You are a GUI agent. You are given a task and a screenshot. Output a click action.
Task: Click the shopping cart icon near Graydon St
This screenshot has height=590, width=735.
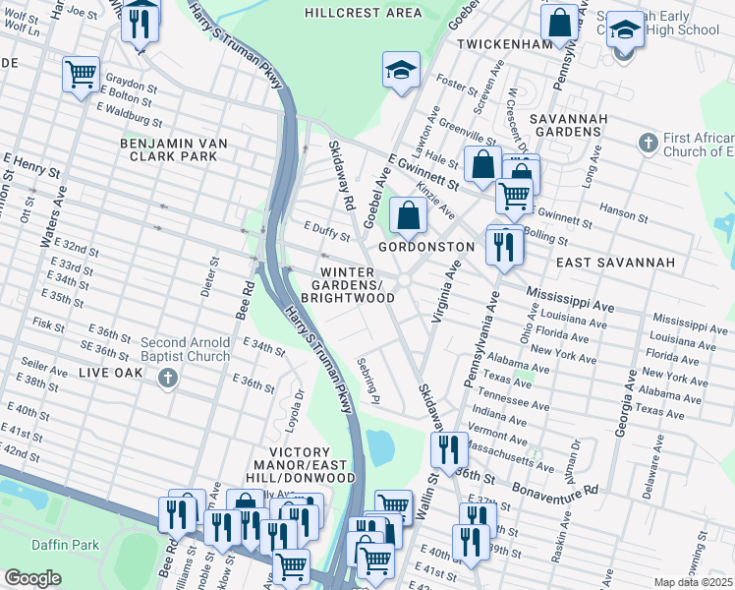[81, 74]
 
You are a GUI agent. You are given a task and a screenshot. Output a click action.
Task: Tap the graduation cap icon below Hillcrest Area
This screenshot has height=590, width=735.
[400, 70]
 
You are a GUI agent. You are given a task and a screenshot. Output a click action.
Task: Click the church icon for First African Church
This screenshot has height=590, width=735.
[647, 144]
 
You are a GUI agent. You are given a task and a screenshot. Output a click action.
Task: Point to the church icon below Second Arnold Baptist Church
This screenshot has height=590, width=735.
[168, 378]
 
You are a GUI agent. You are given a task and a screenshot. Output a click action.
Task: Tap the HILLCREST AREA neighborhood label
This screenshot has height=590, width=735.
[363, 13]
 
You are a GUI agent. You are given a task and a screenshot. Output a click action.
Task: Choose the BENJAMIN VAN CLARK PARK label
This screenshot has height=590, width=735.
[173, 149]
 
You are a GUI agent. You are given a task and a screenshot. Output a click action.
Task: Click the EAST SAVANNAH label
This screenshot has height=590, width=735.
[615, 263]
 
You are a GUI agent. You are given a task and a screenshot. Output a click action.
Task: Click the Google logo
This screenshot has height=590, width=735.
[32, 578]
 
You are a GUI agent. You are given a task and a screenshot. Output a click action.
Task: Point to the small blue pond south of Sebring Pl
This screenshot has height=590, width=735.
[378, 447]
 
